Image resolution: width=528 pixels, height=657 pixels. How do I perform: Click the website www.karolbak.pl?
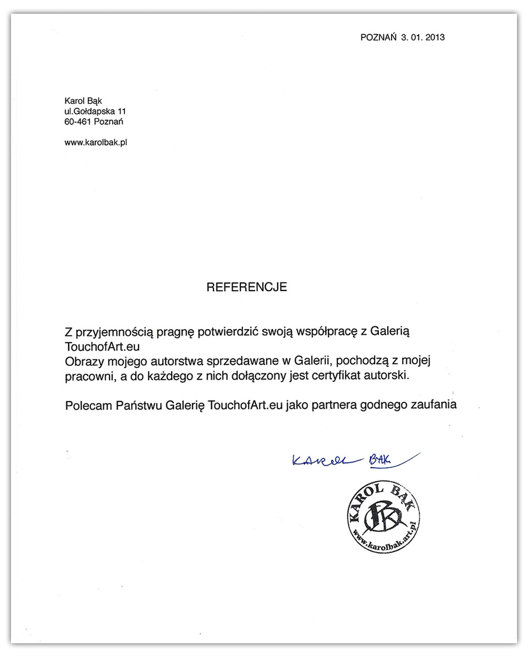point(96,143)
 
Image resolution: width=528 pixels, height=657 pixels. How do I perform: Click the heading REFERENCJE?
point(246,287)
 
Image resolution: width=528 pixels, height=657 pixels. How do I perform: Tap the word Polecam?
point(87,406)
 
